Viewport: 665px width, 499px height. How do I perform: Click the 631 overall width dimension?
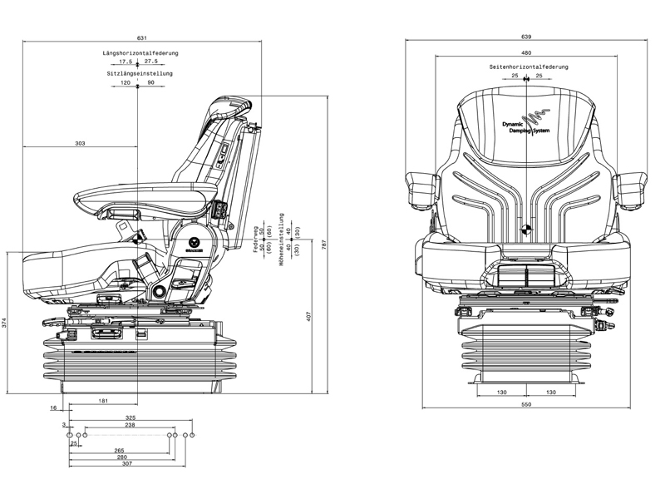142,37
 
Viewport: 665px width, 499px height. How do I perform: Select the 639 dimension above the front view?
525,37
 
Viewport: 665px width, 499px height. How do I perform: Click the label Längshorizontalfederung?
140,53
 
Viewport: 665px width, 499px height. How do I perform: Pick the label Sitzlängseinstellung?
140,73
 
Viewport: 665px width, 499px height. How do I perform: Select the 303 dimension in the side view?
80,144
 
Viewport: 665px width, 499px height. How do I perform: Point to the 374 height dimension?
5,323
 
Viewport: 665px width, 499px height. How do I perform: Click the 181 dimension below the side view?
102,402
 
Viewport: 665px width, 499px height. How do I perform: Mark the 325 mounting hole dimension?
131,417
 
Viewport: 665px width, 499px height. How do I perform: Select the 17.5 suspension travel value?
126,62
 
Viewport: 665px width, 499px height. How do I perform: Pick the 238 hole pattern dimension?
131,425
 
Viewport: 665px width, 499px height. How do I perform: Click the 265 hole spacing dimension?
121,450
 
